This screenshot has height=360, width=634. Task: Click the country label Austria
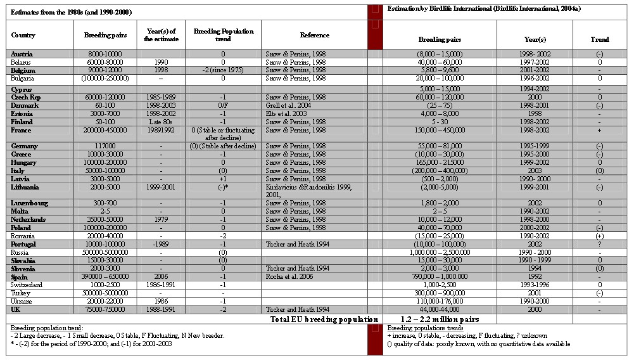pos(22,55)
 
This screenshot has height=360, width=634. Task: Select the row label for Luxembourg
pos(28,203)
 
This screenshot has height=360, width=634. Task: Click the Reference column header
pos(315,35)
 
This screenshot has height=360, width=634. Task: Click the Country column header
pos(23,35)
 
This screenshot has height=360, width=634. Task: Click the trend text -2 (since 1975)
pos(223,71)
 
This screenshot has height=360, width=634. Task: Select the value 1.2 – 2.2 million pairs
pos(440,319)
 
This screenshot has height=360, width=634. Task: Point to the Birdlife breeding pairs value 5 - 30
pos(440,121)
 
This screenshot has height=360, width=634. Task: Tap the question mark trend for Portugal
pos(599,244)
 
